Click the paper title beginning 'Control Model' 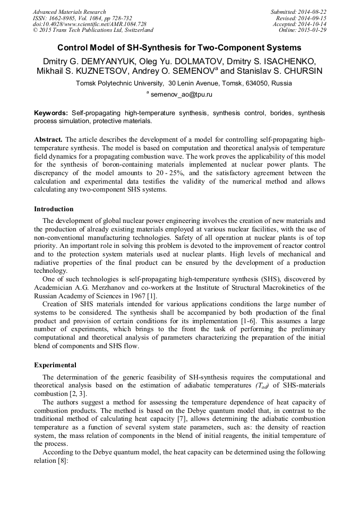point(179,47)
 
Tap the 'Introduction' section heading point(54,209)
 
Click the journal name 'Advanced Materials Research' point(69,12)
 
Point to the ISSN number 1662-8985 point(62,18)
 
